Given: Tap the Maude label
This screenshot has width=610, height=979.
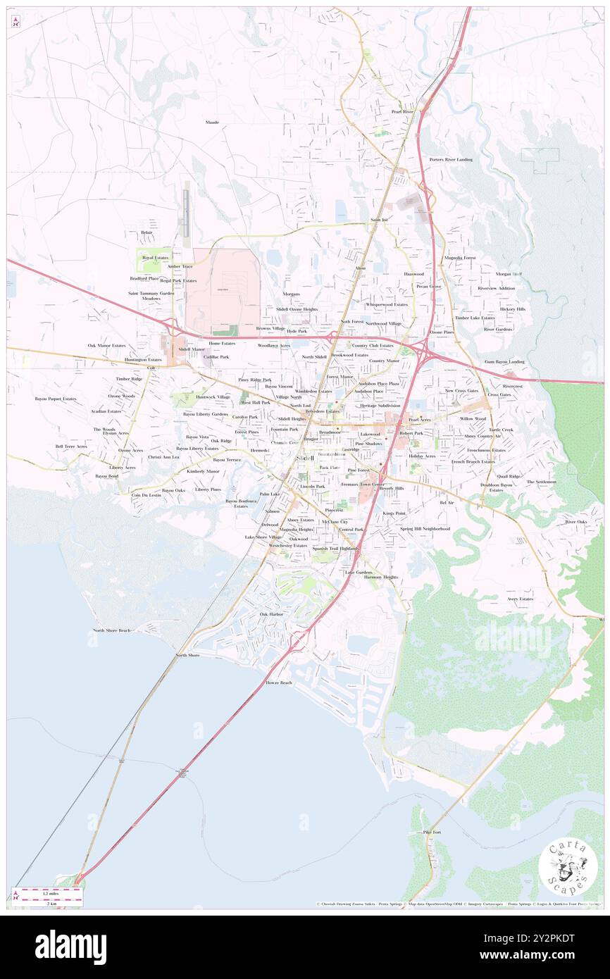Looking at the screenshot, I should click(212, 122).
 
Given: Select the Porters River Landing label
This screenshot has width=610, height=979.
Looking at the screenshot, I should click(451, 159).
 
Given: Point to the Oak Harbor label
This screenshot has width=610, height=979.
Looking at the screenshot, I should click(271, 614).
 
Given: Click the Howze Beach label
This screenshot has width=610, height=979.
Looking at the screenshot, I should click(279, 682).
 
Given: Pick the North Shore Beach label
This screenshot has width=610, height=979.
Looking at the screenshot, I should click(112, 630).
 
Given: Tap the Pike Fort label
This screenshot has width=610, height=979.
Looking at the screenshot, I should click(431, 832).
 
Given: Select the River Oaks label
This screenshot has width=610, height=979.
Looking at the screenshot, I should click(575, 522).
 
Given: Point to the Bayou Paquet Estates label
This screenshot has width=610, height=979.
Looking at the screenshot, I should click(56, 399).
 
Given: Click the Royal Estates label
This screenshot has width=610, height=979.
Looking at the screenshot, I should click(155, 258).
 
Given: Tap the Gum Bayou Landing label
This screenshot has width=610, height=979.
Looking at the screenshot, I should click(504, 361).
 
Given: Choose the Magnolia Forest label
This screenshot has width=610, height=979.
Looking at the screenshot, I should click(460, 258).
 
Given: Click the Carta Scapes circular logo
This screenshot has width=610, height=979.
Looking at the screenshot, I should click(568, 867).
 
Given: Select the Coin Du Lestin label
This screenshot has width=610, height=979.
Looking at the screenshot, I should click(147, 495).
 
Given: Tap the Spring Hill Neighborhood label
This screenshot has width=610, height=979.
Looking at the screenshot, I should click(425, 528).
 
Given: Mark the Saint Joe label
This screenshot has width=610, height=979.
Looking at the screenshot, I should click(378, 220).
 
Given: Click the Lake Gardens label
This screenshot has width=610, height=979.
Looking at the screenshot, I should click(358, 572).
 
